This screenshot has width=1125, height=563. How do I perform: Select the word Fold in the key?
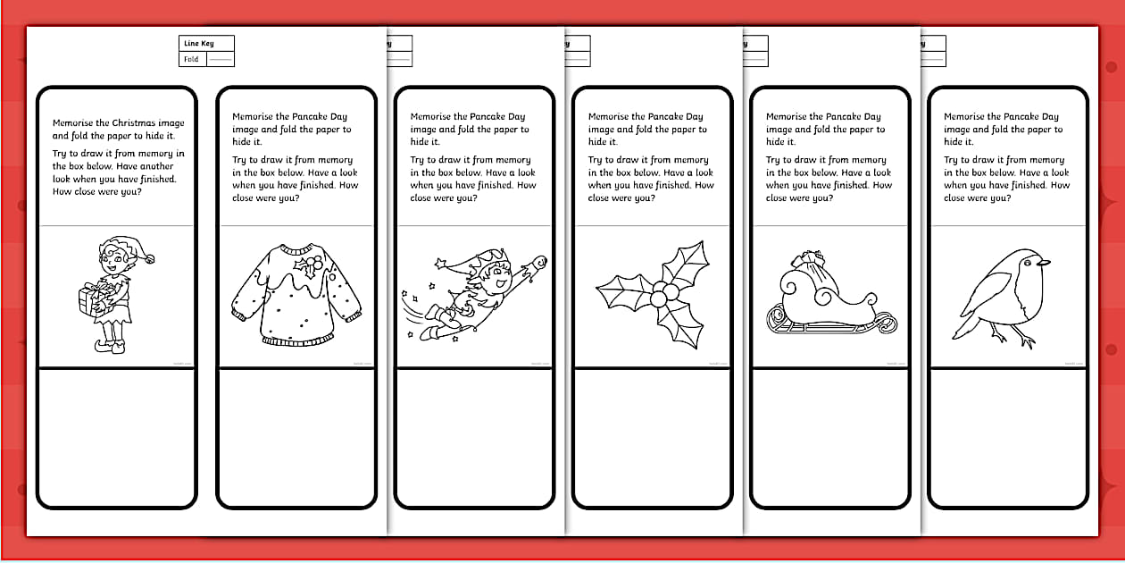(x=191, y=59)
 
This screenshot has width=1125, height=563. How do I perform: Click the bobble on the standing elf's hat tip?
(x=150, y=259)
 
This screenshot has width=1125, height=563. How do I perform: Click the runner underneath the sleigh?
(x=826, y=326)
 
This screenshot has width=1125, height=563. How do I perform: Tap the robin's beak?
(x=1044, y=262)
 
